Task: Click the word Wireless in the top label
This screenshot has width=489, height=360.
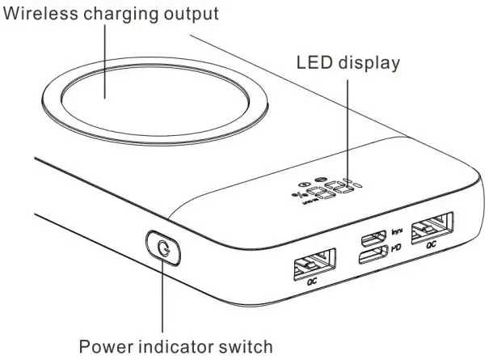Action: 37,15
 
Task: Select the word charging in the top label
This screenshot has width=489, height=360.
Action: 119,15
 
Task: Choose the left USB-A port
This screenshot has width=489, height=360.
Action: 313,265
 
